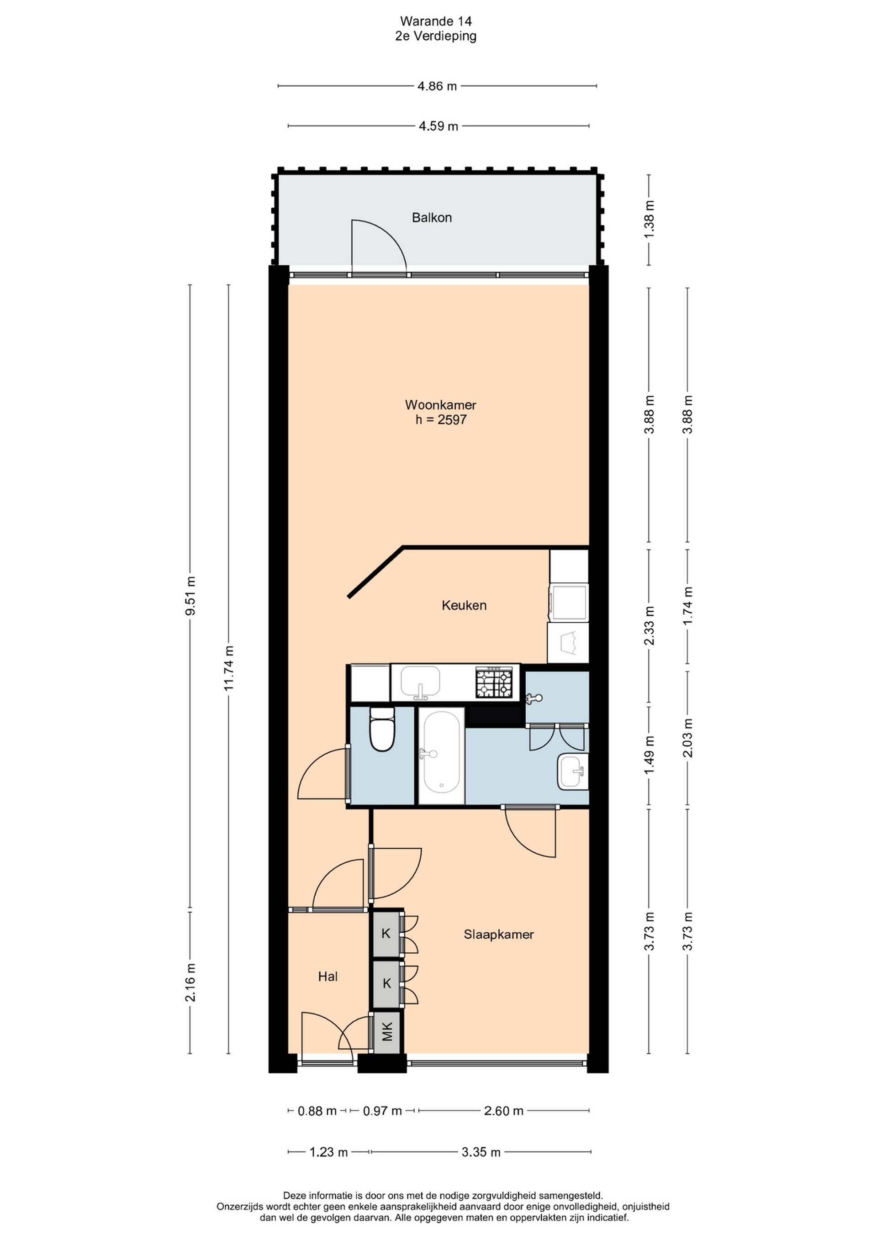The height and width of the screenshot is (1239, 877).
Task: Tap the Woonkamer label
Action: tap(441, 405)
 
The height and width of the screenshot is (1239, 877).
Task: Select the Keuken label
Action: tap(464, 605)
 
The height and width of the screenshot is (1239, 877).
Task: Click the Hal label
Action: tap(328, 976)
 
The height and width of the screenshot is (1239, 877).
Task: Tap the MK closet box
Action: tap(387, 1033)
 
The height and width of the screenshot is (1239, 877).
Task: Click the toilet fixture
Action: tap(382, 729)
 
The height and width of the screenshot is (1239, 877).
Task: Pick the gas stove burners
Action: tap(494, 682)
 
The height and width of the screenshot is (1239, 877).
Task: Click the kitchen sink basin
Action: tap(420, 682)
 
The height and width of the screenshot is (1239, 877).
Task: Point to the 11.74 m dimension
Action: tap(228, 669)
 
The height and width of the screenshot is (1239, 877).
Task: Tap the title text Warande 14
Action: tap(436, 21)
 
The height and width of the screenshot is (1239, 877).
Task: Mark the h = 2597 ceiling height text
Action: tap(441, 420)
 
